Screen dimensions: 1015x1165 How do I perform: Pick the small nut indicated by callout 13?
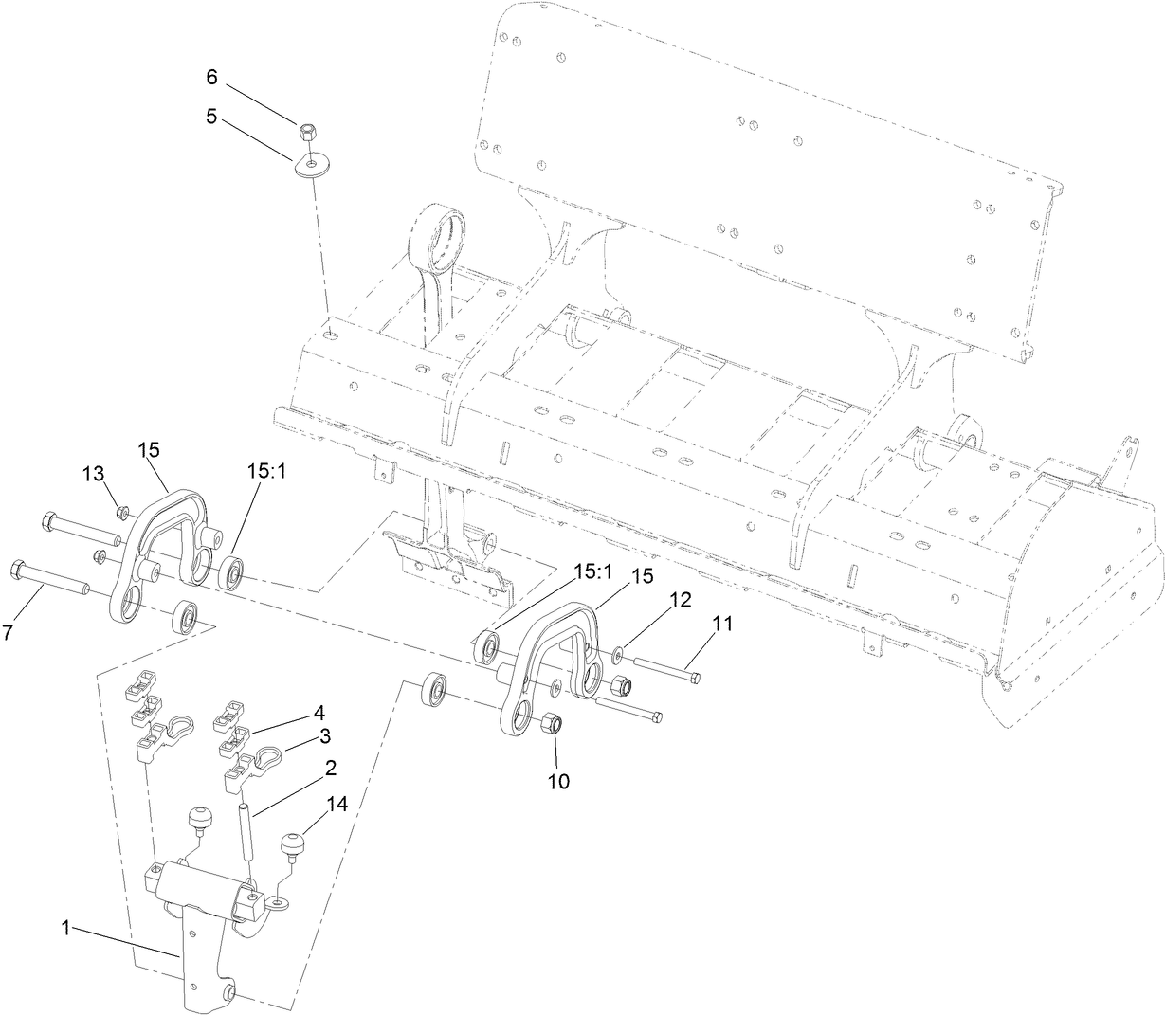click(x=122, y=513)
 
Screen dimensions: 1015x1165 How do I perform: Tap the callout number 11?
click(x=723, y=624)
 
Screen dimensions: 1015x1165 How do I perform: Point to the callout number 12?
click(x=680, y=599)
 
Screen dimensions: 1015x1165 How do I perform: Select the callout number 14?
click(x=337, y=805)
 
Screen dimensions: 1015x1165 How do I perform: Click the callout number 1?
click(x=66, y=930)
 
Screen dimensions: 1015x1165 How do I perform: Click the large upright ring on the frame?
click(x=439, y=232)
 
